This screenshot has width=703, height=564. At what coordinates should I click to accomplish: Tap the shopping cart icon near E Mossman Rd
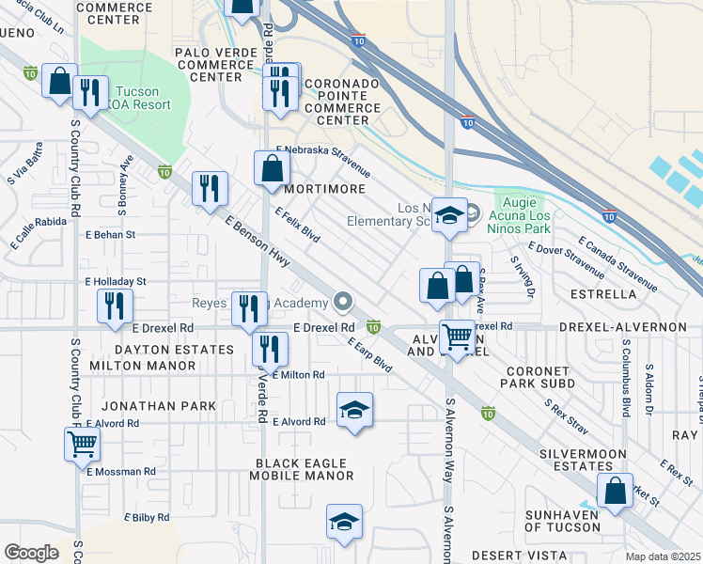pos(82,443)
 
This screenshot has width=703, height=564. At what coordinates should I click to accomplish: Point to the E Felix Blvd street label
pos(297,226)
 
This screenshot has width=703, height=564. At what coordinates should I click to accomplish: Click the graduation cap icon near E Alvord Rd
pos(353,410)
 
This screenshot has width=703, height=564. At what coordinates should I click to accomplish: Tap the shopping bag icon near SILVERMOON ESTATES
pos(614,492)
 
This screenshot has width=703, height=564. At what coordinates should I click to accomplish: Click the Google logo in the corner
pos(31,553)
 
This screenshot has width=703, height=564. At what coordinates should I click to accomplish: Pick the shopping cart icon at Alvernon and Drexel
pos(457,336)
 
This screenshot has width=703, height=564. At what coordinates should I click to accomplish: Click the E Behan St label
pos(110,234)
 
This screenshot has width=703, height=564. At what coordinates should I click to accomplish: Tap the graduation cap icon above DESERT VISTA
pos(344,522)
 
